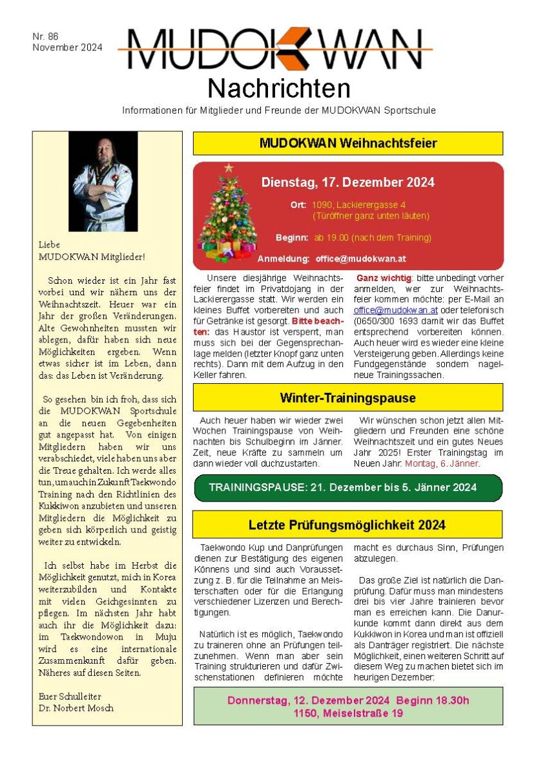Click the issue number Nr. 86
click(x=45, y=37)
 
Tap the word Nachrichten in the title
click(x=279, y=87)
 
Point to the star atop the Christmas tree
click(x=228, y=168)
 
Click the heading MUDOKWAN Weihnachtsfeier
click(x=347, y=143)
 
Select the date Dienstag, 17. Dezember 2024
click(x=347, y=182)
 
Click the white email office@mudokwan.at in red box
click(x=360, y=258)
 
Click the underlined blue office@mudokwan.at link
click(x=386, y=310)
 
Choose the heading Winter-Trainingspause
click(x=347, y=397)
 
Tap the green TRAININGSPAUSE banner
click(x=347, y=487)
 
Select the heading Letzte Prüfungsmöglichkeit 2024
click(x=347, y=525)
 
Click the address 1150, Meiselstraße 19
click(x=347, y=713)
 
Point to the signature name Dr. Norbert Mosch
click(x=76, y=708)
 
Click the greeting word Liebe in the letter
click(x=49, y=245)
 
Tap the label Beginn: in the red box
click(x=291, y=238)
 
